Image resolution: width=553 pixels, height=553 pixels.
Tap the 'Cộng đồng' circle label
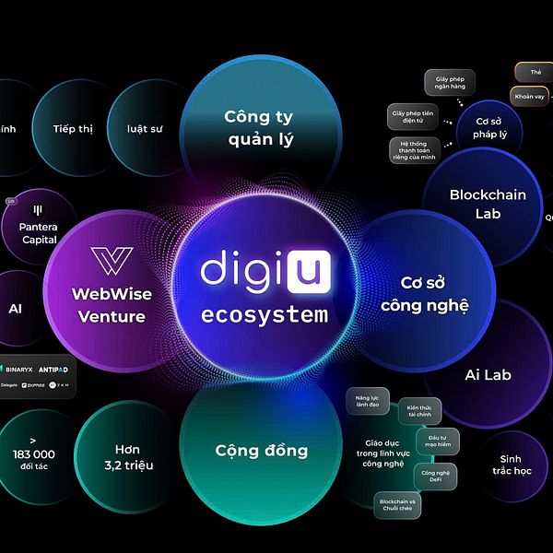pos(262,451)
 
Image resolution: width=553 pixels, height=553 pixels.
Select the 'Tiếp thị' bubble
pos(73,129)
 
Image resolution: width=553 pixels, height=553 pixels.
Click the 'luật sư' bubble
pos(145,129)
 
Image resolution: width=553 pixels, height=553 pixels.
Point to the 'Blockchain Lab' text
pos(488,204)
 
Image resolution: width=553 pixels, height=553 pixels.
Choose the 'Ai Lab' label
pos(488,375)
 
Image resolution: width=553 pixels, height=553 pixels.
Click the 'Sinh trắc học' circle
pos(517,465)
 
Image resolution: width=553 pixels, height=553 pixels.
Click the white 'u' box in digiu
pos(307,270)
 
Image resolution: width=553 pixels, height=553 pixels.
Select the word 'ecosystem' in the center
pos(265,315)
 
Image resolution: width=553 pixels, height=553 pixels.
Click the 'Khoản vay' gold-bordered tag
pos(530,95)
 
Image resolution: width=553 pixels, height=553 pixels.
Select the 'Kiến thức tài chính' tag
pos(424,411)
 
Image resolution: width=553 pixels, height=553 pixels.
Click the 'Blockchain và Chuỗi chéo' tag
pos(397,505)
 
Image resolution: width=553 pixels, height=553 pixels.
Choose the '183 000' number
pos(34,453)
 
